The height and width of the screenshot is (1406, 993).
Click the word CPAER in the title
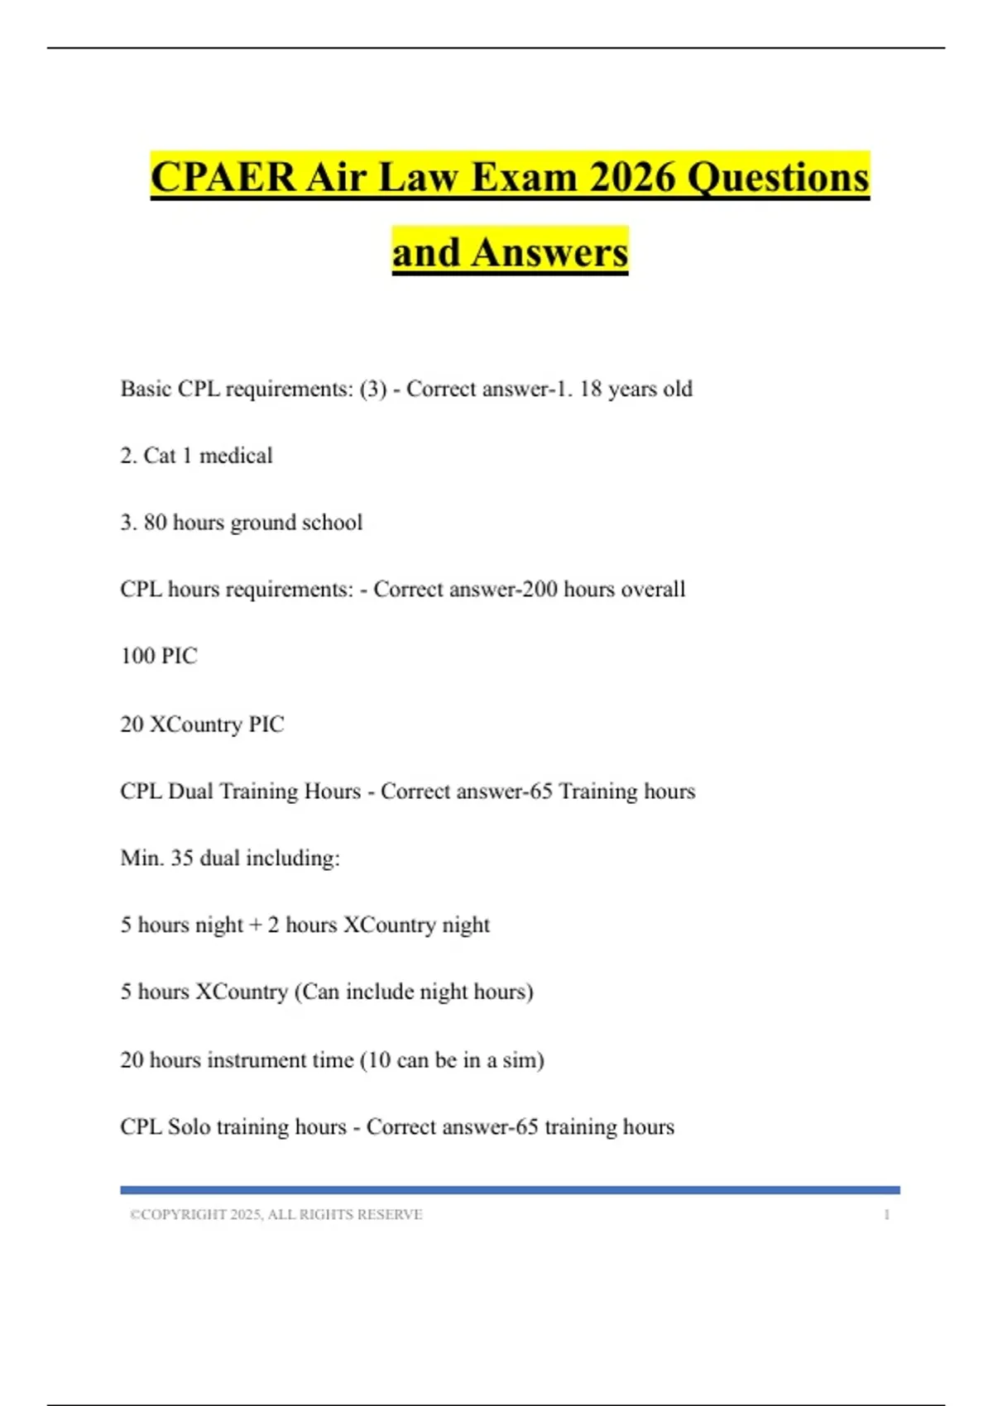223,177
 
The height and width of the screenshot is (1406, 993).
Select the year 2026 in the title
631,177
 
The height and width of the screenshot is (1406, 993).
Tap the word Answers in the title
550,252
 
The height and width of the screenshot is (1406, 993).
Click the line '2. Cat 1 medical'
196,456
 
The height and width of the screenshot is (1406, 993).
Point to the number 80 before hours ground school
155,523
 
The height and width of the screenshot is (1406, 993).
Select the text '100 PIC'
159,657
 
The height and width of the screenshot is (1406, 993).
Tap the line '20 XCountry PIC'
202,725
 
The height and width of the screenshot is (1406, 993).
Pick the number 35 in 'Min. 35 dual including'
182,858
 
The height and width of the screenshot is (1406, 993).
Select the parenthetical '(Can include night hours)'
414,992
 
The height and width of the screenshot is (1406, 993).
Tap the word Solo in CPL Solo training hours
189,1127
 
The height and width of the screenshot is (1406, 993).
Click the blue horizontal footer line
510,1190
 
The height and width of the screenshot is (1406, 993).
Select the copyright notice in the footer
276,1215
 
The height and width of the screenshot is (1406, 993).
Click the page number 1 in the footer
886,1215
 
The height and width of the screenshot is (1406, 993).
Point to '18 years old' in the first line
636,389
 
